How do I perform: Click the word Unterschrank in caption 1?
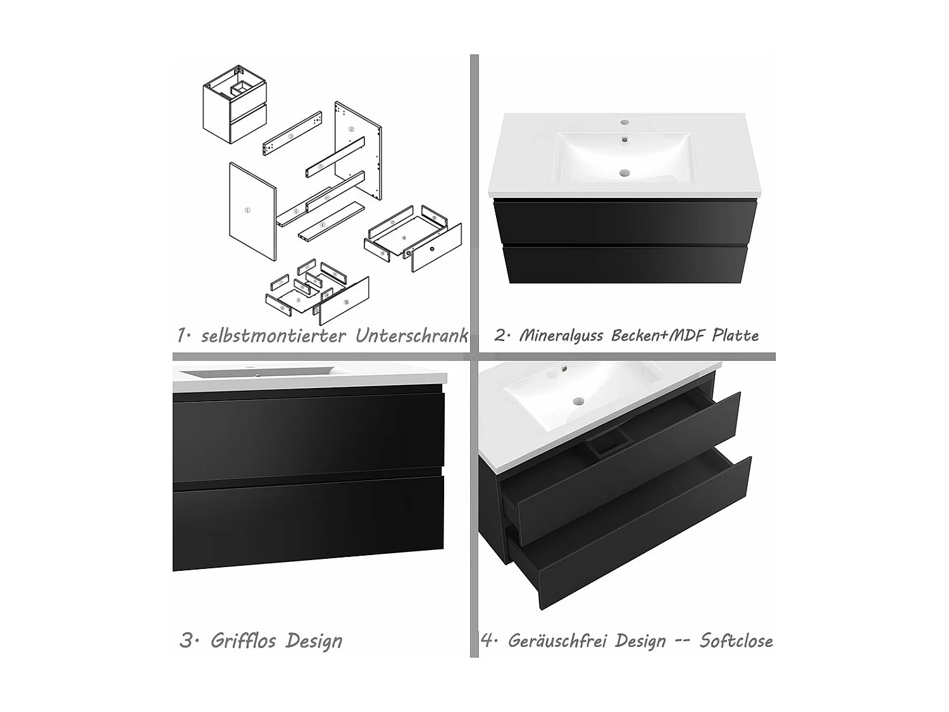pyautogui.click(x=411, y=335)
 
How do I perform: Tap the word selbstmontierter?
pyautogui.click(x=273, y=335)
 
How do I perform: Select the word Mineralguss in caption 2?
pyautogui.click(x=561, y=335)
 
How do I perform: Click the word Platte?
pyautogui.click(x=735, y=335)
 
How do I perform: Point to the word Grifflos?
pyautogui.click(x=243, y=640)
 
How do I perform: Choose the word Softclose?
pyautogui.click(x=736, y=640)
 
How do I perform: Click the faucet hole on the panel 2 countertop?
pyautogui.click(x=625, y=122)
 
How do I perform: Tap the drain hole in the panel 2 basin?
pyautogui.click(x=626, y=172)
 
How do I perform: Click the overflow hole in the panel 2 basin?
pyautogui.click(x=625, y=140)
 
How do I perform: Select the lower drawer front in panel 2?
pyautogui.click(x=624, y=265)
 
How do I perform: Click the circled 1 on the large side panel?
pyautogui.click(x=247, y=209)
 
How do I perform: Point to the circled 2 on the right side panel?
pyautogui.click(x=352, y=129)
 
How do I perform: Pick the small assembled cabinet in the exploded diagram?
pyautogui.click(x=235, y=104)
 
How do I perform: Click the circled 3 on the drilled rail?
pyautogui.click(x=291, y=136)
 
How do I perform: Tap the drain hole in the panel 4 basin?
pyautogui.click(x=578, y=401)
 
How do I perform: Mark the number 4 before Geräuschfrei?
pyautogui.click(x=487, y=640)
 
